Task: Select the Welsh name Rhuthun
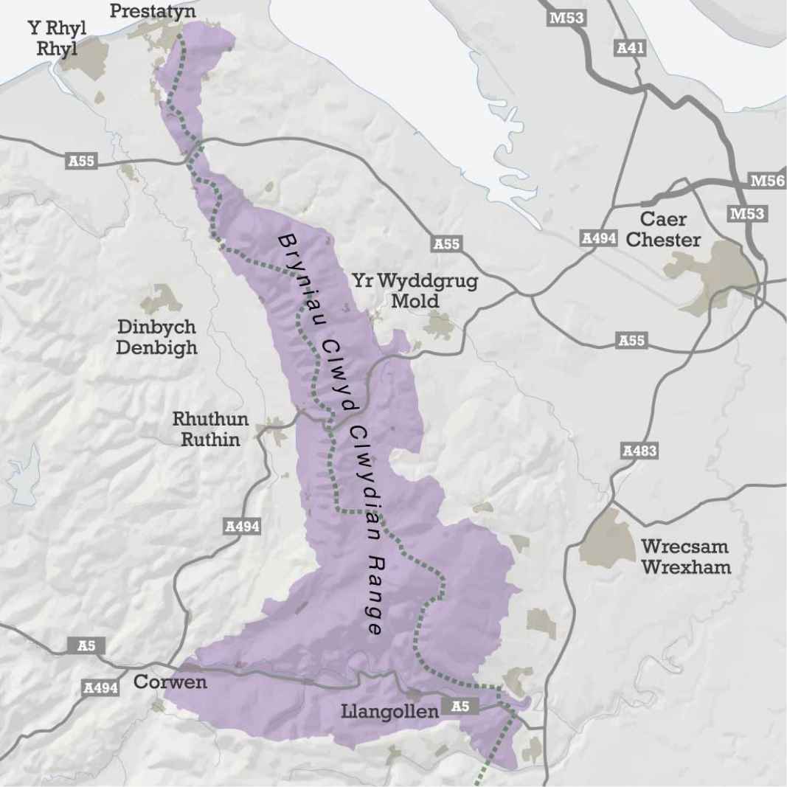(210, 420)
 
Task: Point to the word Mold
(415, 301)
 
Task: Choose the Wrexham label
(686, 567)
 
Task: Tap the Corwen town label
(170, 682)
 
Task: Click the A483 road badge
(639, 451)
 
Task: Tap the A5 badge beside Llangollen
(460, 707)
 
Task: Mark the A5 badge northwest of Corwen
(86, 646)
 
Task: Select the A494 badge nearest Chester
(599, 238)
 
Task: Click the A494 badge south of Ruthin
(242, 526)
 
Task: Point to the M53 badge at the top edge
(566, 18)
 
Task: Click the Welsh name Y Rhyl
(56, 28)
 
